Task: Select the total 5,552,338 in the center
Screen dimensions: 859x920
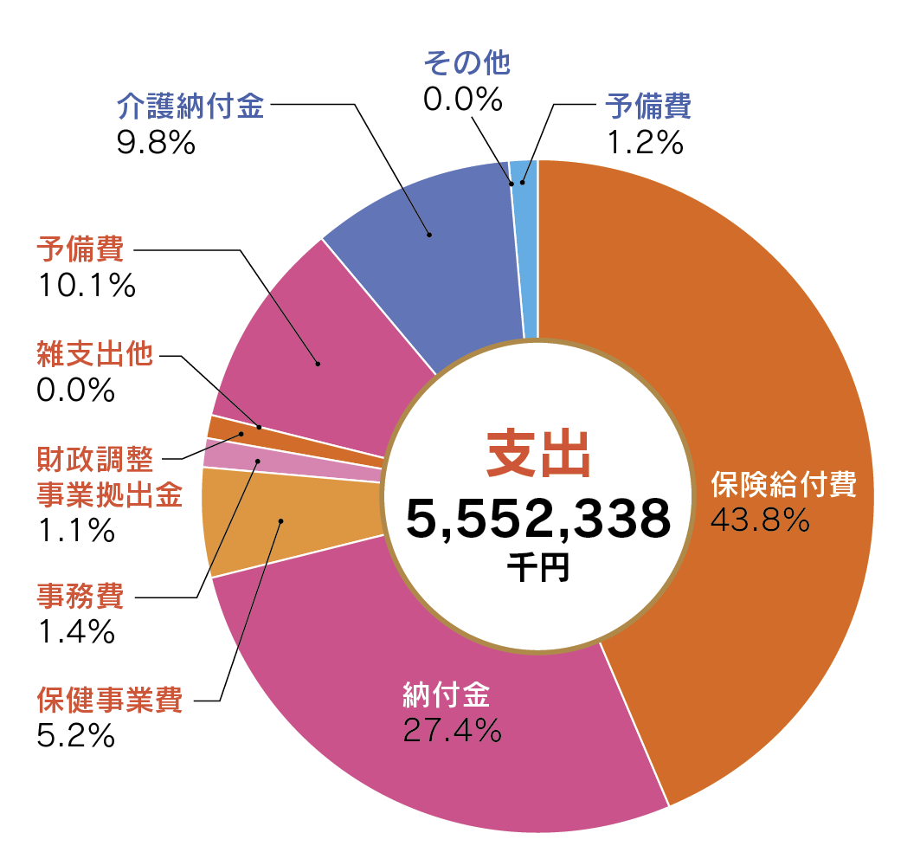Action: (x=537, y=519)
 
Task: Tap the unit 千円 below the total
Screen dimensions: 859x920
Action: (x=537, y=567)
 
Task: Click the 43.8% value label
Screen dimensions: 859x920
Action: (x=759, y=520)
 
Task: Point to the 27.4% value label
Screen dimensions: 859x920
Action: (x=452, y=731)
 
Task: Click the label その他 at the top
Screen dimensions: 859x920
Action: (x=466, y=62)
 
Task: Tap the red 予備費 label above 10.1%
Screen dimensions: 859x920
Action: (x=80, y=252)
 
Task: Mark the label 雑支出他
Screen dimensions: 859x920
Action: (x=94, y=355)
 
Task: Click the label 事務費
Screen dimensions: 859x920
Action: (x=80, y=597)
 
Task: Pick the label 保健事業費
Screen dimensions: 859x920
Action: (x=109, y=700)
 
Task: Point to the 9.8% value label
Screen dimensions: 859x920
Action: (x=155, y=143)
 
